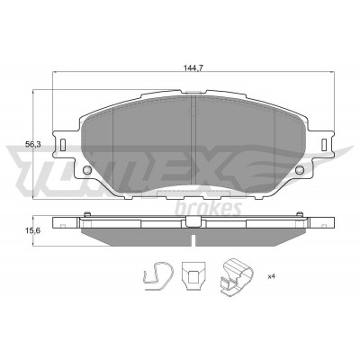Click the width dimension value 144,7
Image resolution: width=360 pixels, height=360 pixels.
pyautogui.click(x=193, y=68)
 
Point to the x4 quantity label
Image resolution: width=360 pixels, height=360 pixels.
pyautogui.click(x=272, y=276)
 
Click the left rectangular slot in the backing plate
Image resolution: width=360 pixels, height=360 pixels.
pyautogui.click(x=63, y=144)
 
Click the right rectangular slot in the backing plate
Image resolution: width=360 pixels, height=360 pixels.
pyautogui.click(x=324, y=144)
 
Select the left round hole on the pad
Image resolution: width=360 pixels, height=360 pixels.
pyautogui.click(x=86, y=170)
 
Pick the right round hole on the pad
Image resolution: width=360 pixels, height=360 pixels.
pyautogui.click(x=299, y=170)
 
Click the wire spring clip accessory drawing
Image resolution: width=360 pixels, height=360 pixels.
pyautogui.click(x=158, y=275)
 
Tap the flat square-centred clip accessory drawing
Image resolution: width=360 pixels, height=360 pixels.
pyautogui.click(x=193, y=275)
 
